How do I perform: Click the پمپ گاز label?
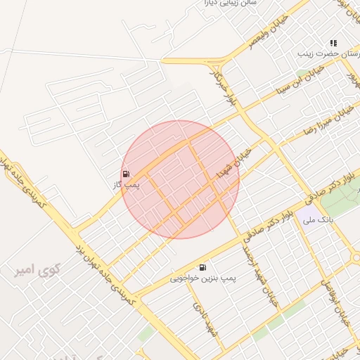coord(127,185)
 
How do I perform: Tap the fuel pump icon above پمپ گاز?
coord(126,174)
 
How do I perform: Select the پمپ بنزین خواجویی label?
coord(202,278)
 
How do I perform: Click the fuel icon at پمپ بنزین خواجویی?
coord(202,267)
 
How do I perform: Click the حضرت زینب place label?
coord(326,53)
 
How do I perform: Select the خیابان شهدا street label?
coord(233,163)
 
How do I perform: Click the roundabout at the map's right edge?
coord(357,257)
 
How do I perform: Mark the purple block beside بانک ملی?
coord(307,214)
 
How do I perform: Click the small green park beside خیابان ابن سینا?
coord(303,72)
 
